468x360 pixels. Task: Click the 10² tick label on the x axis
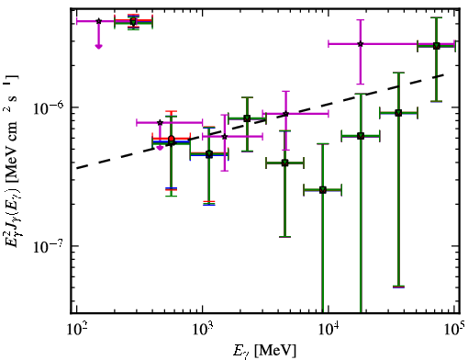coord(77,331)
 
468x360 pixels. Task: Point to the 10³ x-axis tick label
coord(203,331)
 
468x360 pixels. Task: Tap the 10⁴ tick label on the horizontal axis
coord(329,331)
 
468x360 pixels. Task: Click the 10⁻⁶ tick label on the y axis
coord(49,107)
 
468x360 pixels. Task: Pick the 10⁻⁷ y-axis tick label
coord(49,245)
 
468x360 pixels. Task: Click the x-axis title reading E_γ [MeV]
coord(264,351)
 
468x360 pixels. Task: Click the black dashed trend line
coord(260,121)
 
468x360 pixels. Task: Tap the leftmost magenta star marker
coord(98,21)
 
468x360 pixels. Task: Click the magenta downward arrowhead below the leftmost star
coord(98,46)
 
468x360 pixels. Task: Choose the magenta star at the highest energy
coord(361,44)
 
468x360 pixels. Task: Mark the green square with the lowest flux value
coord(323,190)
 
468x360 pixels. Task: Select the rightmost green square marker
coord(437,46)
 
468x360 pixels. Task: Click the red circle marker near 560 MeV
coord(172,139)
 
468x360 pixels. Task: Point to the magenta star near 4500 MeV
coord(285,114)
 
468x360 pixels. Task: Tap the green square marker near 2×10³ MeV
coord(247,118)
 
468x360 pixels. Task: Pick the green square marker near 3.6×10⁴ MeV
coord(398,113)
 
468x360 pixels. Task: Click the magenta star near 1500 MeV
coord(225,137)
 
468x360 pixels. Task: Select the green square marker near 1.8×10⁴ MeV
coord(361,136)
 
